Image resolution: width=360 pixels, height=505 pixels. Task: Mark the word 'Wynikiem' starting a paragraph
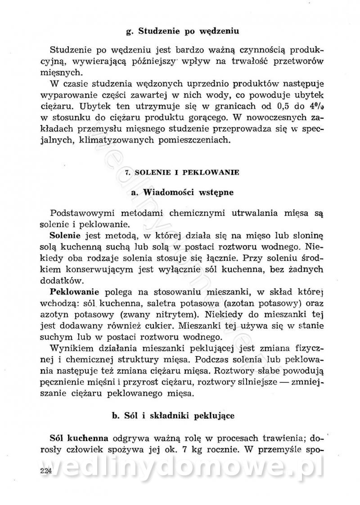point(68,348)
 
